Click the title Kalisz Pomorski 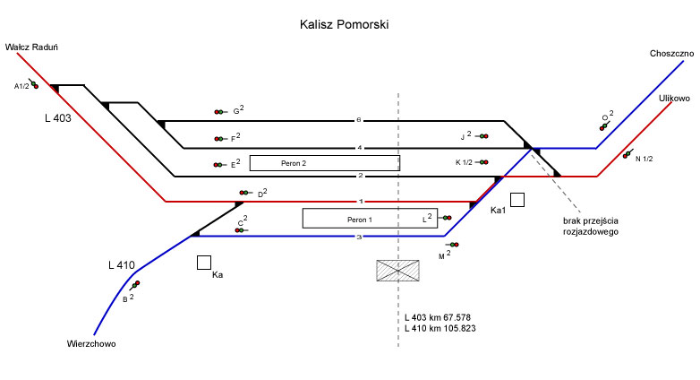click(x=344, y=25)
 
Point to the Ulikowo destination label click(x=674, y=98)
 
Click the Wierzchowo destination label click(x=91, y=343)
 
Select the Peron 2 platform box click(x=324, y=163)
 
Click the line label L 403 click(x=57, y=117)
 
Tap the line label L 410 click(x=121, y=265)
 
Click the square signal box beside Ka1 click(x=517, y=200)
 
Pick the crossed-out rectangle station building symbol click(x=397, y=271)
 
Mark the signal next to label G click(x=219, y=112)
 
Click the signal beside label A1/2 click(x=33, y=85)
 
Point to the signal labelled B click(x=136, y=285)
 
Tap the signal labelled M click(x=453, y=245)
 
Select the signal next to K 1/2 click(x=483, y=162)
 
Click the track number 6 click(x=359, y=119)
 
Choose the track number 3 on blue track click(x=359, y=237)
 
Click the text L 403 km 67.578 click(x=439, y=317)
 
